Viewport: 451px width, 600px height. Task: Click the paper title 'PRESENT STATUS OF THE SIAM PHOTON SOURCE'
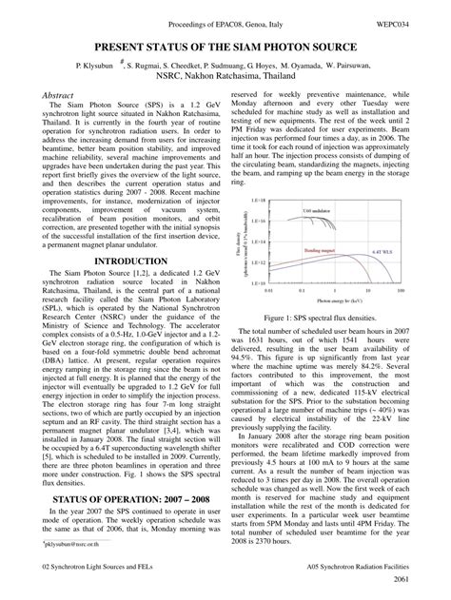(225, 48)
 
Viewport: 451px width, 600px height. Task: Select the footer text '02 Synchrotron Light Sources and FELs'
(103, 565)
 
